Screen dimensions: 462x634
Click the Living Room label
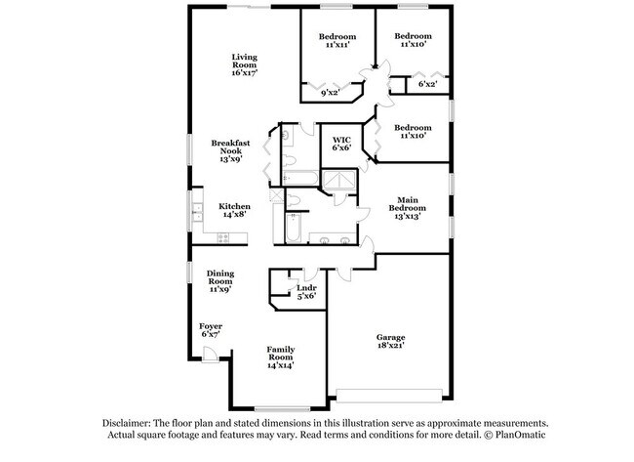244,64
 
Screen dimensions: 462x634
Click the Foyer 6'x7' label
211,330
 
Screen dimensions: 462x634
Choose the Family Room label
281,357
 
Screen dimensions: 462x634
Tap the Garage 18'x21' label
390,342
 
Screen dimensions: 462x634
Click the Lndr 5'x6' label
306,292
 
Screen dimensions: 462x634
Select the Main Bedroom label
408,208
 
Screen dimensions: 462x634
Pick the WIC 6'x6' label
341,144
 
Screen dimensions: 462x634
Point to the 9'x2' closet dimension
331,93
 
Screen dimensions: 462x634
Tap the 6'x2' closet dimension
427,84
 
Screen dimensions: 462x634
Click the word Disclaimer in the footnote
134,423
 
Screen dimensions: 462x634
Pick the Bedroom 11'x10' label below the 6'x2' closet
414,133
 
